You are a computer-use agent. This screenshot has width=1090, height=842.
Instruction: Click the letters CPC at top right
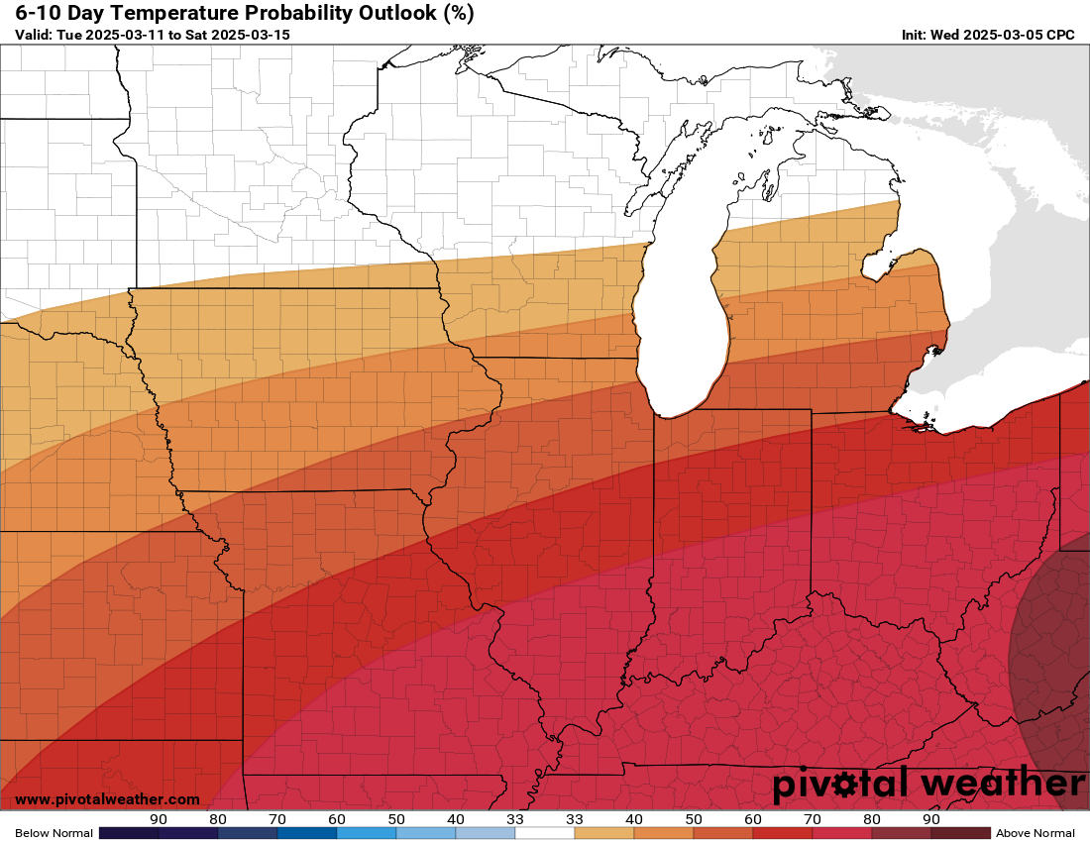[x=1061, y=35]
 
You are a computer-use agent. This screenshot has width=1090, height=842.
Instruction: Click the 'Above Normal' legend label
[x=1035, y=833]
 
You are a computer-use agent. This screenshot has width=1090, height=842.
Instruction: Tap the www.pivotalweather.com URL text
[x=107, y=799]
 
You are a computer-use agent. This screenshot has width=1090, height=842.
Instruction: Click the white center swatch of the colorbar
[x=545, y=833]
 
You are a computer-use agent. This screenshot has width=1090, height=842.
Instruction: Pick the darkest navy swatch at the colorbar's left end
[x=129, y=833]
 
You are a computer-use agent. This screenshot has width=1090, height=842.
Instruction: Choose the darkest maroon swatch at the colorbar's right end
[x=961, y=833]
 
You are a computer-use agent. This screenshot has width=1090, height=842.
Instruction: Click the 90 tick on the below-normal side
[x=159, y=819]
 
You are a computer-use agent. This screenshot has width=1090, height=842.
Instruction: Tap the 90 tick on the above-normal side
[x=931, y=819]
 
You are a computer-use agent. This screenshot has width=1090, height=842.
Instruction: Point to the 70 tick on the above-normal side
[x=813, y=819]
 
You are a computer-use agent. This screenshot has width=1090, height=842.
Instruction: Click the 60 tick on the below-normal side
[x=337, y=819]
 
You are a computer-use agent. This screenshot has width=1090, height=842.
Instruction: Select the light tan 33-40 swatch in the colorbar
[x=604, y=833]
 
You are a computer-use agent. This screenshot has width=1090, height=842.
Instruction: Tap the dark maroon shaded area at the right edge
[x=1055, y=654]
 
